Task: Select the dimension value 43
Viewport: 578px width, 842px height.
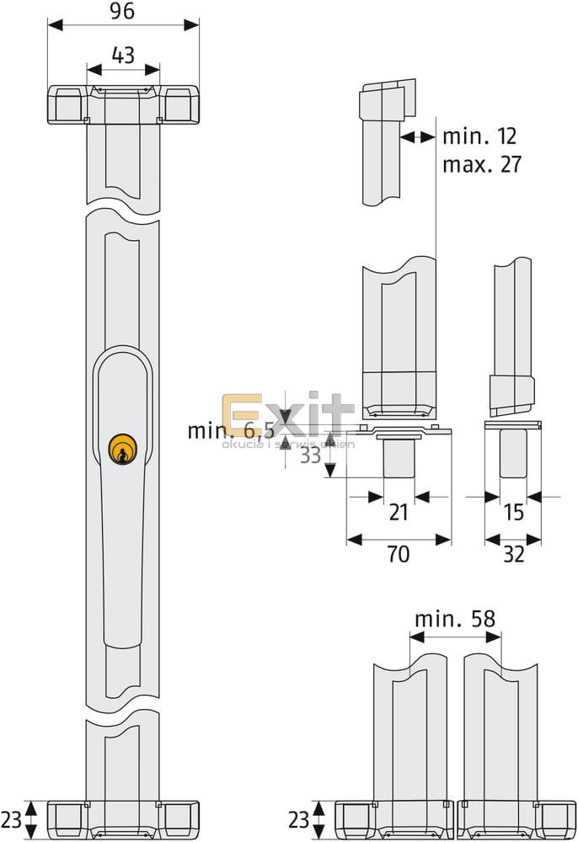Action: (123, 56)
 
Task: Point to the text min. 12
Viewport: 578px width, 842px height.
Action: (479, 136)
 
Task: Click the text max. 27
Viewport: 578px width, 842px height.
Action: (481, 163)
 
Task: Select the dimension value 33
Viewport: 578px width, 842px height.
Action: (310, 455)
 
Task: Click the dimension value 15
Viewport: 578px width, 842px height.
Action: (513, 511)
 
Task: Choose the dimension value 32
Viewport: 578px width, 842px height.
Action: (513, 553)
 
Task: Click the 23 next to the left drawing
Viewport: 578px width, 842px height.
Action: (12, 817)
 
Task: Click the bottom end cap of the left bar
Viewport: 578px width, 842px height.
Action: (123, 820)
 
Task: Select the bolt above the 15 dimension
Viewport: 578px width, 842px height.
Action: (513, 455)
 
